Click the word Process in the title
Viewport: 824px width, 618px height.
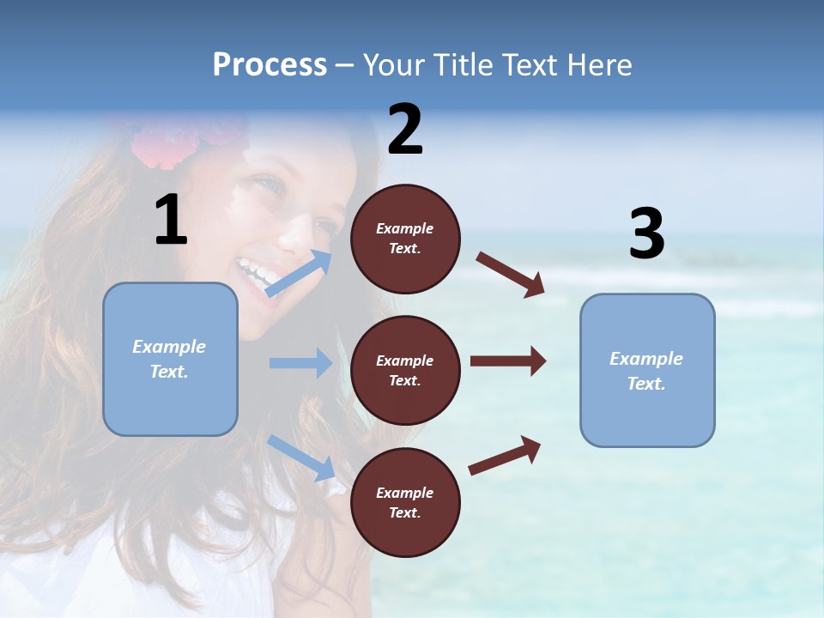(x=270, y=65)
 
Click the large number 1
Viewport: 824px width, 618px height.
(x=171, y=221)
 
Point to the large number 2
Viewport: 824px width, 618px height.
(x=405, y=130)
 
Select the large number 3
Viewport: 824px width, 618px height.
(x=646, y=234)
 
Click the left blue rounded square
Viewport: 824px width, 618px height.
(x=170, y=359)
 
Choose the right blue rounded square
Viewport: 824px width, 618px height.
(x=647, y=370)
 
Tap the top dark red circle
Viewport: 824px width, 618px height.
(x=405, y=239)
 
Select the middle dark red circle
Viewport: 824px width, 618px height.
(x=405, y=370)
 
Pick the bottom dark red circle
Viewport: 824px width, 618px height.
(x=405, y=502)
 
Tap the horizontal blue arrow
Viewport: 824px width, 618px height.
(x=300, y=363)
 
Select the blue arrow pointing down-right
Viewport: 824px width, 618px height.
(x=301, y=457)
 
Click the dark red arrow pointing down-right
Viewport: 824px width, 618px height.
(x=511, y=274)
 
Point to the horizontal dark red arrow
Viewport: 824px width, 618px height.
(x=507, y=361)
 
